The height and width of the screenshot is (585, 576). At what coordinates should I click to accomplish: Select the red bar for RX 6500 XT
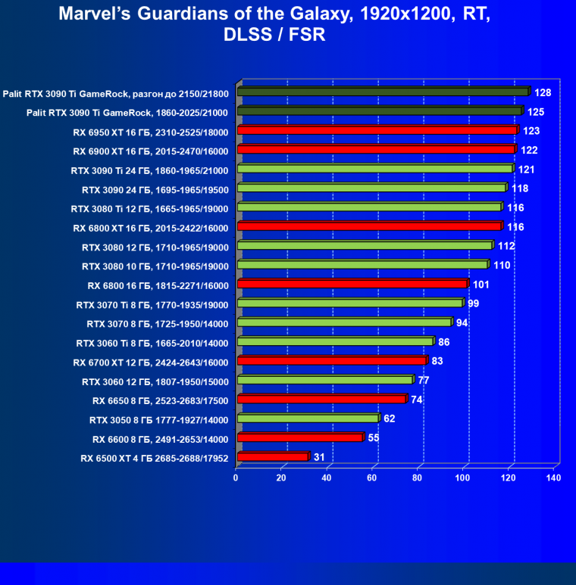coord(273,457)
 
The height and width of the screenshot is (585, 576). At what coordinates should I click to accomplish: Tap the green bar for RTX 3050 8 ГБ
coord(308,419)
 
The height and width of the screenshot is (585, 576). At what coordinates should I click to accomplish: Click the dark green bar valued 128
coord(383,92)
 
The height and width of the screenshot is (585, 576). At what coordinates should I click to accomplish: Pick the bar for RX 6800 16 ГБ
coord(352,285)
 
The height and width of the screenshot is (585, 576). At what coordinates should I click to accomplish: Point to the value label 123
coord(531,131)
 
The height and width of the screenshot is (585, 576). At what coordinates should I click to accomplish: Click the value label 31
coord(320,457)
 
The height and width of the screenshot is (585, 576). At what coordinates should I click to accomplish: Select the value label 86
coord(444,342)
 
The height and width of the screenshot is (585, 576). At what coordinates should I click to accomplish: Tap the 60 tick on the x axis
coord(373,478)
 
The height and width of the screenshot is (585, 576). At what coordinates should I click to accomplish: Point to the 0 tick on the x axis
coord(236,478)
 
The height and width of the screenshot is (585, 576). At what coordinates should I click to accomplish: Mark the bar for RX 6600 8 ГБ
coord(300,438)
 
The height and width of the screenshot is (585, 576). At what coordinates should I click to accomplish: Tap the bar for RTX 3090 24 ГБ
coord(371,188)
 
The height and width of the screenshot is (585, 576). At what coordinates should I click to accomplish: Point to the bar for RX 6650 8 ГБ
coord(321,400)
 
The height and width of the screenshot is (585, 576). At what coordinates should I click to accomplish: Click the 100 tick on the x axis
coord(464,478)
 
